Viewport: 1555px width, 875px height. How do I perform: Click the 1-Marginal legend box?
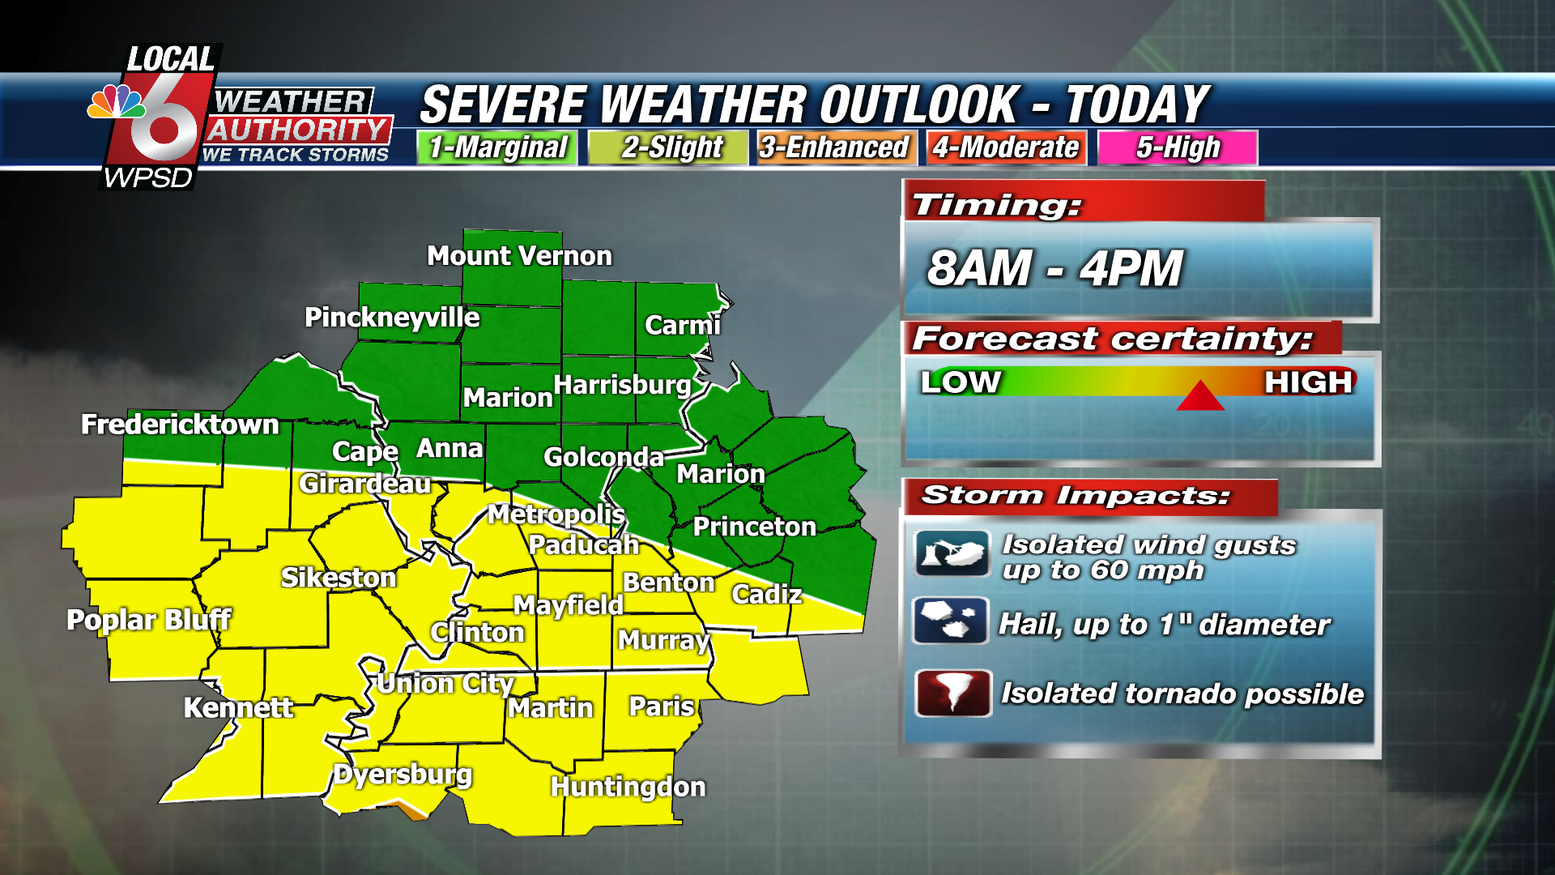click(497, 147)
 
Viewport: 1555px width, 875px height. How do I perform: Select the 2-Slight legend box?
click(669, 147)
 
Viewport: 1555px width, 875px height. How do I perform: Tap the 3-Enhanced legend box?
click(835, 147)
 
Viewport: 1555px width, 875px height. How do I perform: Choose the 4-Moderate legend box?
click(1005, 147)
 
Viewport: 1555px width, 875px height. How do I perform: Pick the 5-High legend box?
click(1177, 147)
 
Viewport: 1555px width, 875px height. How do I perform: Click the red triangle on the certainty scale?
click(1199, 396)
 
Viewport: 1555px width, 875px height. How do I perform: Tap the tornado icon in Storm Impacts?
click(952, 694)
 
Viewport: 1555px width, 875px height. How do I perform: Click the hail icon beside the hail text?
click(950, 621)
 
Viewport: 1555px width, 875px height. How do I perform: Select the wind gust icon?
click(952, 554)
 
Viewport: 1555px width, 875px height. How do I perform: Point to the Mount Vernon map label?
click(519, 256)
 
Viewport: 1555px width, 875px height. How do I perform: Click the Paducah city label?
click(583, 544)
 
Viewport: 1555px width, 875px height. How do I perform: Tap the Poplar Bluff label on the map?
click(149, 620)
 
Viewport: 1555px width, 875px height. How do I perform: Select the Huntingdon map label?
click(628, 787)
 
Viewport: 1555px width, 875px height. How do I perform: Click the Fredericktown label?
click(180, 425)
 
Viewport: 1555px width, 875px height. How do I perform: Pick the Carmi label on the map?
click(682, 325)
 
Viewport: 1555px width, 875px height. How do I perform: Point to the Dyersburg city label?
click(403, 775)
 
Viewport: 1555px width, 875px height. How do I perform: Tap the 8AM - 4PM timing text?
click(1054, 268)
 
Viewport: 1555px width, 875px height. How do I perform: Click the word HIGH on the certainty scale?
click(1308, 382)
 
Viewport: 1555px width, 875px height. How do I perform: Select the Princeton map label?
click(754, 527)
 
